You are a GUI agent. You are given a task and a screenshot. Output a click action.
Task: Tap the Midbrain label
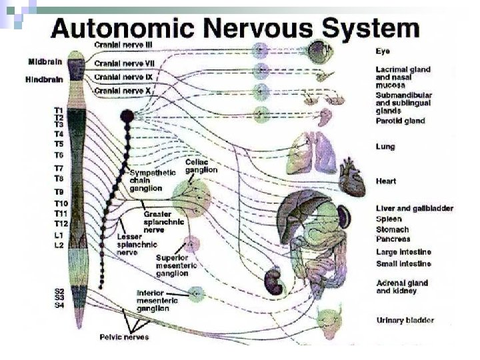(45, 61)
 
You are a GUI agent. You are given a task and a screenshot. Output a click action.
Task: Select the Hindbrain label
(45, 79)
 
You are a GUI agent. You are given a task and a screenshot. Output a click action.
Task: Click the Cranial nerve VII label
(125, 63)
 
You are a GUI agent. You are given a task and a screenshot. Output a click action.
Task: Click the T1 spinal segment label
(59, 109)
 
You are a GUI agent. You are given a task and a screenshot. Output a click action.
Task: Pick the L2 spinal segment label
(59, 245)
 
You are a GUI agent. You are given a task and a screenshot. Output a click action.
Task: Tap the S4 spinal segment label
(59, 305)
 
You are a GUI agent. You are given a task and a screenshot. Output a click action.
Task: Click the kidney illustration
(274, 280)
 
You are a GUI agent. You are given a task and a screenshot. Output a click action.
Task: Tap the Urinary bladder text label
(405, 321)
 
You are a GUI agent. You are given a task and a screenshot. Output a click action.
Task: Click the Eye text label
(383, 51)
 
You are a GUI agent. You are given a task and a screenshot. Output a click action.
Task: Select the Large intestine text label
(403, 252)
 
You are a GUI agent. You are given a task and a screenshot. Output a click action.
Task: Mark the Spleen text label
(389, 219)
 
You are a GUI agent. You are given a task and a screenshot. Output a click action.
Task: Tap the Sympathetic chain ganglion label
(153, 180)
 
